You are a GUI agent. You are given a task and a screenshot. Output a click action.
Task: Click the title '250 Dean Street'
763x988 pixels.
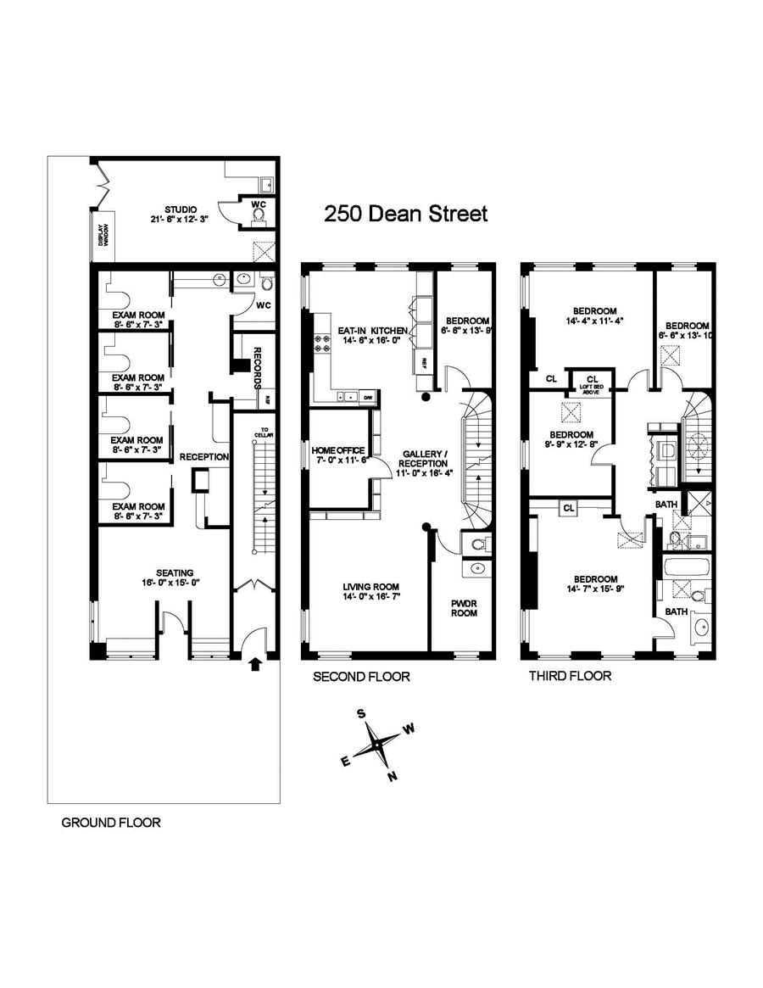(406, 214)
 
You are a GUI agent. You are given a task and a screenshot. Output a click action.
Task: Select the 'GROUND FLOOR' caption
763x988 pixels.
(110, 822)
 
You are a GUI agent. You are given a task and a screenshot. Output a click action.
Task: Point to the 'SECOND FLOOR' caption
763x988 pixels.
(361, 677)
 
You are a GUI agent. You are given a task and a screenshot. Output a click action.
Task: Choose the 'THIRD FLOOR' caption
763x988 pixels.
(570, 676)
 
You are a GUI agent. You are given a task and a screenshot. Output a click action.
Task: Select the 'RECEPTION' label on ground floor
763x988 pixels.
(203, 456)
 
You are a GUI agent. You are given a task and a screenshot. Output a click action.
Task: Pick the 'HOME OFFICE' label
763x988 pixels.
(338, 449)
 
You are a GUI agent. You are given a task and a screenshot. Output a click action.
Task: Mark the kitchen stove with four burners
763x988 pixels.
(323, 343)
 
